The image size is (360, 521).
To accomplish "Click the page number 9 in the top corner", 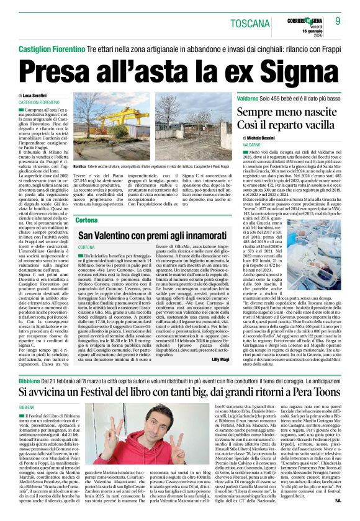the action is point(338,20).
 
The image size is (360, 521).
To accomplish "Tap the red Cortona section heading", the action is point(86,221).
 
